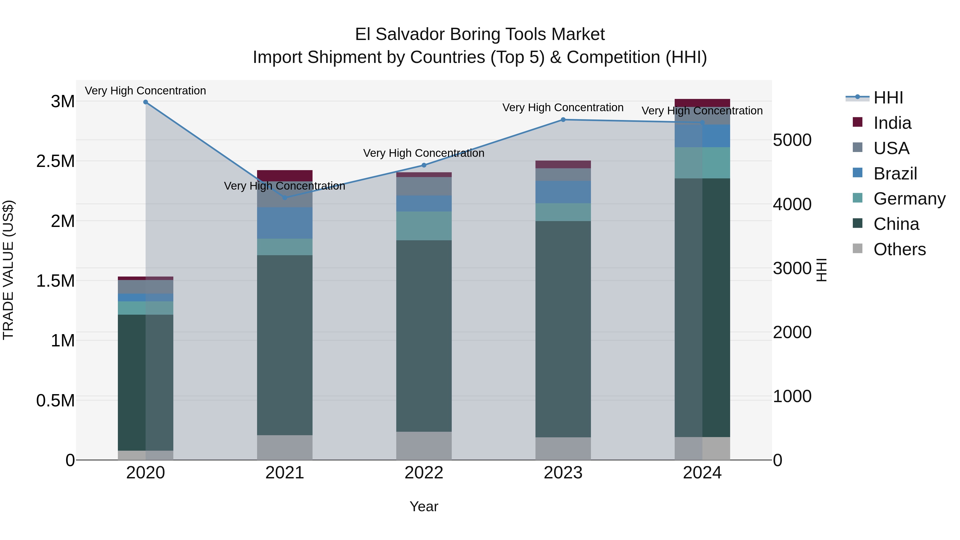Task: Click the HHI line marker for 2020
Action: pyautogui.click(x=146, y=102)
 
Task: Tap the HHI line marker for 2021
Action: pyautogui.click(x=285, y=198)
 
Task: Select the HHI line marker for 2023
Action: pyautogui.click(x=563, y=120)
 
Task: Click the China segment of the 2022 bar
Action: pyautogui.click(x=424, y=335)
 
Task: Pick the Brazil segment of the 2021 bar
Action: pyautogui.click(x=285, y=223)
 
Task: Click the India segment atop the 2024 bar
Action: pyautogui.click(x=702, y=103)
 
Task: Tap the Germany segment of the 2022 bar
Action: pyautogui.click(x=424, y=226)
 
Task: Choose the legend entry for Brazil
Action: pyautogui.click(x=894, y=174)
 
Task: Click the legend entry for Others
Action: pyautogui.click(x=899, y=249)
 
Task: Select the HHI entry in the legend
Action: pyautogui.click(x=888, y=98)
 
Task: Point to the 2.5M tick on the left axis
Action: pyautogui.click(x=55, y=161)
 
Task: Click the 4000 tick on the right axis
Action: pyautogui.click(x=792, y=204)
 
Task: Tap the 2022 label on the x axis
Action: pyautogui.click(x=424, y=473)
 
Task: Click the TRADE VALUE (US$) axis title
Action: pyautogui.click(x=8, y=270)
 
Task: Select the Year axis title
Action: pyautogui.click(x=424, y=506)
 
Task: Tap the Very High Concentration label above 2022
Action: pyautogui.click(x=424, y=153)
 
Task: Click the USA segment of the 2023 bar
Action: pyautogui.click(x=563, y=174)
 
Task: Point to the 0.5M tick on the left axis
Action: pyautogui.click(x=55, y=401)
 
